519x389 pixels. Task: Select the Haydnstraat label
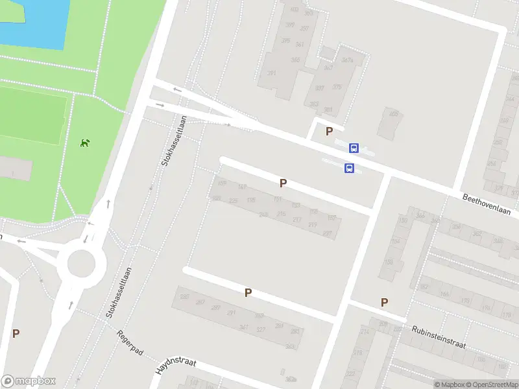(x=176, y=366)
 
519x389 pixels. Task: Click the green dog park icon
(x=84, y=143)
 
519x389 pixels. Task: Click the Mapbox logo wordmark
(x=29, y=381)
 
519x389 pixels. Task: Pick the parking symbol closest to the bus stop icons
(x=329, y=132)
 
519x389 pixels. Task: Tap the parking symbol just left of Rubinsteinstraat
(x=384, y=302)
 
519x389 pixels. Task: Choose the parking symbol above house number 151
(x=282, y=183)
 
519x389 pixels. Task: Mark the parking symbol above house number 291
(x=248, y=293)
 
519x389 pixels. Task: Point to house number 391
(x=271, y=73)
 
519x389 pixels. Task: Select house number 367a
(x=347, y=60)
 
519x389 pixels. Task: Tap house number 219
(x=312, y=225)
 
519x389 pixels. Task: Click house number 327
(x=261, y=329)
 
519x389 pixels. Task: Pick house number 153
(x=296, y=206)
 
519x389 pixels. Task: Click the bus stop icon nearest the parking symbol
(x=354, y=148)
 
